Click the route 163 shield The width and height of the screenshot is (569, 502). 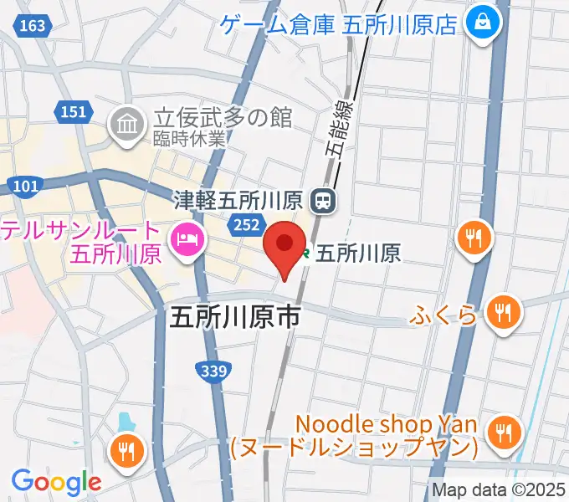pyautogui.click(x=31, y=26)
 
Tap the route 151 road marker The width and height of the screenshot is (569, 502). pyautogui.click(x=74, y=111)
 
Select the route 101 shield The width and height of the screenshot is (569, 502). pyautogui.click(x=26, y=185)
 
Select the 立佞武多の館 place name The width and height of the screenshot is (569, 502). pyautogui.click(x=222, y=118)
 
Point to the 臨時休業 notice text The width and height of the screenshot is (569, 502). pyautogui.click(x=188, y=140)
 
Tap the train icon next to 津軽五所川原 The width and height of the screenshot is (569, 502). pyautogui.click(x=322, y=200)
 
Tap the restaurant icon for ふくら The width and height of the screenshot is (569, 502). pyautogui.click(x=503, y=314)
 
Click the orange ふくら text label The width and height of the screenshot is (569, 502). pyautogui.click(x=444, y=315)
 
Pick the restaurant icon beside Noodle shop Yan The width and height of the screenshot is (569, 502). pyautogui.click(x=503, y=433)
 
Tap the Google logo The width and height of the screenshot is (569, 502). pyautogui.click(x=56, y=482)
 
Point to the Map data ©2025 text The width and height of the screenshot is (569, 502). pyautogui.click(x=499, y=490)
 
